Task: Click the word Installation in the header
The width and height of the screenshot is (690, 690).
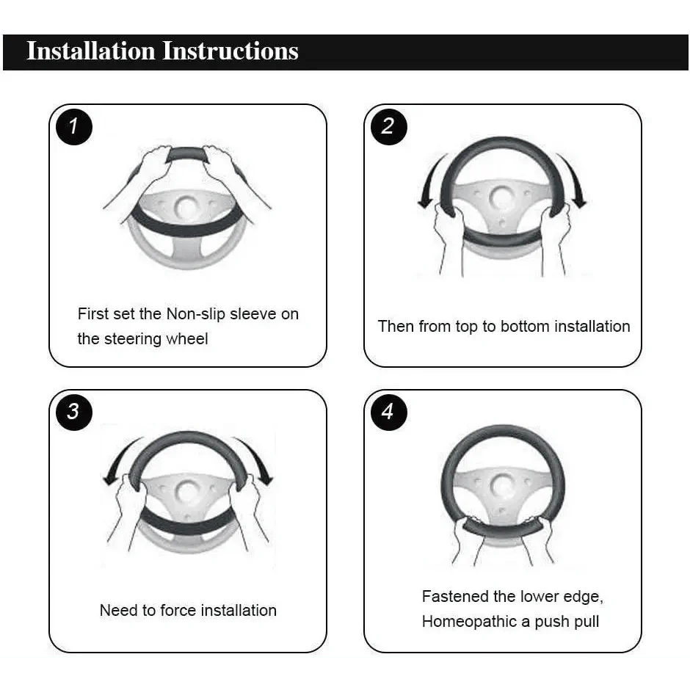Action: [x=91, y=51]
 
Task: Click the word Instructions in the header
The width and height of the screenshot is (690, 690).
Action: [x=230, y=51]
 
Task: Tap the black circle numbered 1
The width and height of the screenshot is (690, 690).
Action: [x=74, y=127]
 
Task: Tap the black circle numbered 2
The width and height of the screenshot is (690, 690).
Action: [x=388, y=127]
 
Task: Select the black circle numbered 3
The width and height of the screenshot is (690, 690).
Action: [x=74, y=412]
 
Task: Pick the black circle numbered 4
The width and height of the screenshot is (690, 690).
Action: [x=388, y=412]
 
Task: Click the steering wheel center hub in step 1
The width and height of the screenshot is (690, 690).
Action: [x=187, y=208]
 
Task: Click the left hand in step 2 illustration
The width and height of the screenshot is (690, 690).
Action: [x=448, y=238]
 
